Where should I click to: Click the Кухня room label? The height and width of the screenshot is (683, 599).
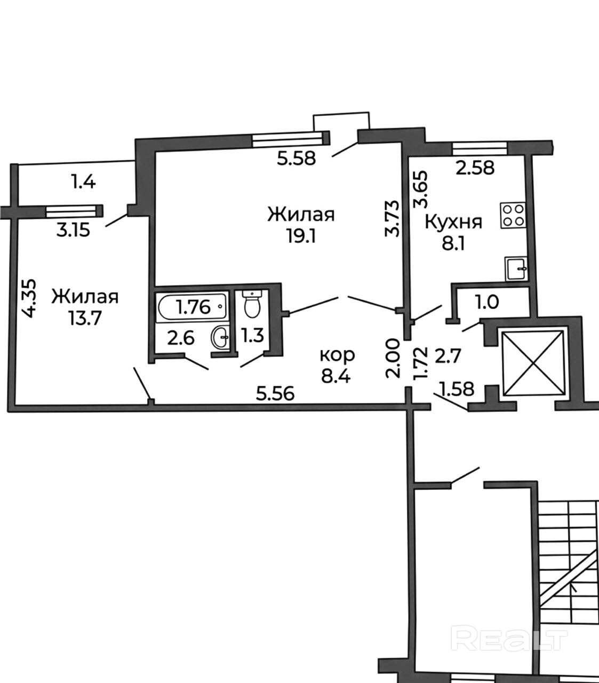point(453,223)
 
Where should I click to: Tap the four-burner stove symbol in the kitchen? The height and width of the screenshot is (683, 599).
point(513,215)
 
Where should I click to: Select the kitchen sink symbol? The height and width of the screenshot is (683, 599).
point(516,269)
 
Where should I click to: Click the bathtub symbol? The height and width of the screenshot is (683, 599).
point(191,306)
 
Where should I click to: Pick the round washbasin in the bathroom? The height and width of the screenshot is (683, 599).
point(220,337)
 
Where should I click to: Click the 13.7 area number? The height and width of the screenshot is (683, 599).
point(85,318)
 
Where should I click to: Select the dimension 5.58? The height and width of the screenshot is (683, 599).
point(296,158)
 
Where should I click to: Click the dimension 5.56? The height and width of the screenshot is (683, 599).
point(275,393)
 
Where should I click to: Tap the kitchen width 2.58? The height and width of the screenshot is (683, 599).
point(475,168)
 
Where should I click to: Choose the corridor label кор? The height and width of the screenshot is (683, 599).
point(337,355)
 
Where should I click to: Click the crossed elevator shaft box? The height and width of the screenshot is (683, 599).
point(533,363)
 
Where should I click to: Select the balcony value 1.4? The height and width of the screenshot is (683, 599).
point(83,182)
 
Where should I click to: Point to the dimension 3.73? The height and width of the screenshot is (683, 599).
point(392,218)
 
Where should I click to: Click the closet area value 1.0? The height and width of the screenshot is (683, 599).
point(487,301)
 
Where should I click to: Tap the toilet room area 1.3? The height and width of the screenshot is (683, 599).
point(253,336)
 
